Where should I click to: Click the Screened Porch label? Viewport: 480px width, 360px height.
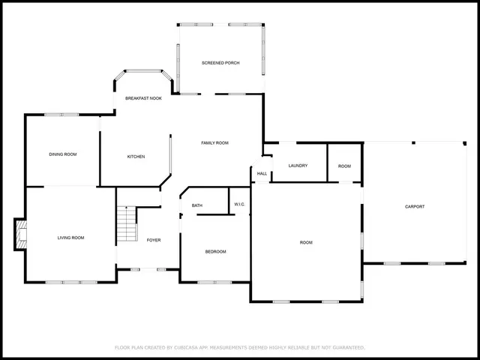coord(220,63)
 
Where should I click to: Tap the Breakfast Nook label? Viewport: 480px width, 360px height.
coord(143,98)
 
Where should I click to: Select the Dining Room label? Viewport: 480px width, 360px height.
coord(63,154)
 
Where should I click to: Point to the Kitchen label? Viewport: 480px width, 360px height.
coord(136,157)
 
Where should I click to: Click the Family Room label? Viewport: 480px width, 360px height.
coord(214,142)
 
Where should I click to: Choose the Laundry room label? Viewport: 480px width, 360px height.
coord(298,166)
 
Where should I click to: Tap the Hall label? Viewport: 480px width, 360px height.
coord(262,173)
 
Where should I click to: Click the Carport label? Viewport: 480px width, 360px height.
coord(415,206)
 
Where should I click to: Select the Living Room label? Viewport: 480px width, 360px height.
coord(71,238)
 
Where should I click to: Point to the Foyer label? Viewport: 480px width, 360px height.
coord(153,240)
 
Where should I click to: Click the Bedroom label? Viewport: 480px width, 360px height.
coord(215,251)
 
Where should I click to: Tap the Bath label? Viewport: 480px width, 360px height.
coord(197,205)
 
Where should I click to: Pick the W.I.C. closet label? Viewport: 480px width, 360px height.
coord(240,204)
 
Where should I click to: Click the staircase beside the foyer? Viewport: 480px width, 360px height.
coord(127,224)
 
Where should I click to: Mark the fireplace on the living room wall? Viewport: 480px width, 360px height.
coord(21,234)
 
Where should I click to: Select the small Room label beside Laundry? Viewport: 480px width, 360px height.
coord(344,166)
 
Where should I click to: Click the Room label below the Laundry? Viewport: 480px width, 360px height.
coord(306,242)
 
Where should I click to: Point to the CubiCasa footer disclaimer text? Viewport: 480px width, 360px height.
coord(239,347)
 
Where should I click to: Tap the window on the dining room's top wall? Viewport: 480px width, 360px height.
coord(61,115)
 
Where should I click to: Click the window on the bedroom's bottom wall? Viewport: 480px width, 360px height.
coord(211,283)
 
